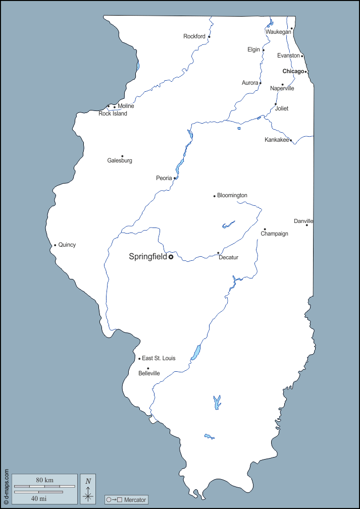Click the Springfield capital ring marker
point(171,257)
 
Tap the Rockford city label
point(194,36)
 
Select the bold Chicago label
point(293,71)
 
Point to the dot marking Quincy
point(55,245)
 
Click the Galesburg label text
point(120,160)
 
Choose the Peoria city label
point(164,178)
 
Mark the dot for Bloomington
point(215,196)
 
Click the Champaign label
point(275,234)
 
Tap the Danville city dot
point(306,225)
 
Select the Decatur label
point(228,257)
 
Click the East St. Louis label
point(159,358)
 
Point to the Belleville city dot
point(148,368)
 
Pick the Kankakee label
point(277,140)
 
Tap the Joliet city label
point(282,108)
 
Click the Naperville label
point(282,88)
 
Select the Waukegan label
point(278,32)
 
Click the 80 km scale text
point(44,480)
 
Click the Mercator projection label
point(134,500)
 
